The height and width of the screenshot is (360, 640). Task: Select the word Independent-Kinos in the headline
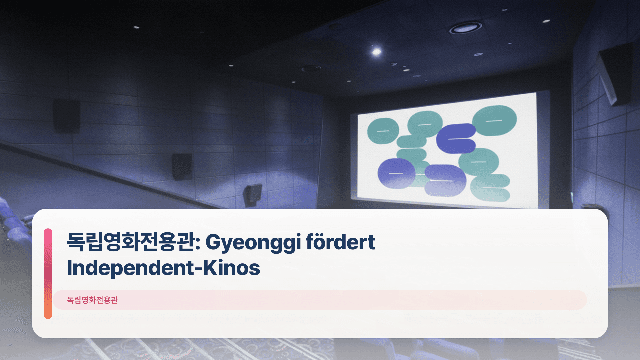(163, 268)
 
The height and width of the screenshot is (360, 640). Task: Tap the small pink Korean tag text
(92, 300)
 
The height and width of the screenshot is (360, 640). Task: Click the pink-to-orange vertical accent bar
(48, 273)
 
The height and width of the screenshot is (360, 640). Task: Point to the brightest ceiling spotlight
(376, 52)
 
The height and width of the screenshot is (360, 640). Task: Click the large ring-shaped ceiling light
(465, 28)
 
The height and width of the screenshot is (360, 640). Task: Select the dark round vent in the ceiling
(311, 69)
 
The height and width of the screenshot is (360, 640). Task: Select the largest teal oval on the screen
(494, 120)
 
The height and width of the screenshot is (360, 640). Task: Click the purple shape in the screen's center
(456, 138)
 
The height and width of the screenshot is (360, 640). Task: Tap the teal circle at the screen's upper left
(383, 131)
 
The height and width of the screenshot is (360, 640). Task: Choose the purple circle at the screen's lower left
(396, 173)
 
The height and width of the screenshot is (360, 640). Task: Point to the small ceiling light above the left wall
(136, 27)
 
